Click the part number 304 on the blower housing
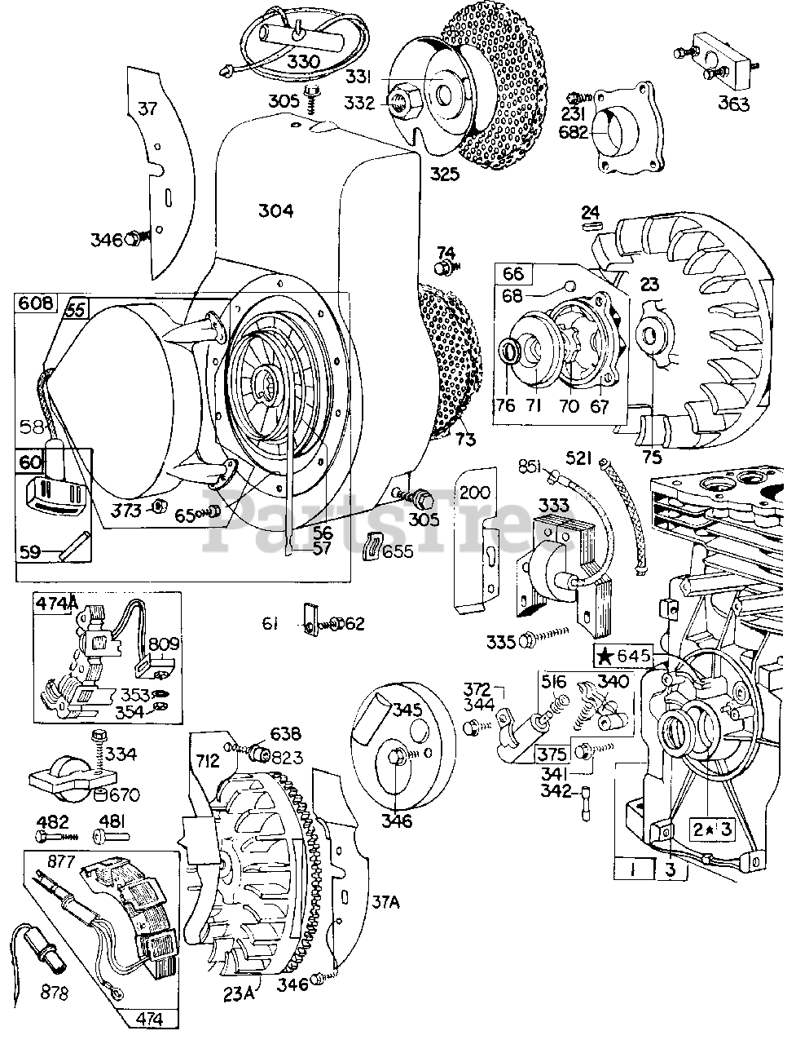coord(275,210)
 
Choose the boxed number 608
coord(35,303)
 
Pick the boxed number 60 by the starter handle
coord(29,462)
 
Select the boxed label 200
coord(474,493)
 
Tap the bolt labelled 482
coord(47,836)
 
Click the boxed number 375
coord(552,754)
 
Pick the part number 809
coord(164,644)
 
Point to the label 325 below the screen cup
coord(445,173)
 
